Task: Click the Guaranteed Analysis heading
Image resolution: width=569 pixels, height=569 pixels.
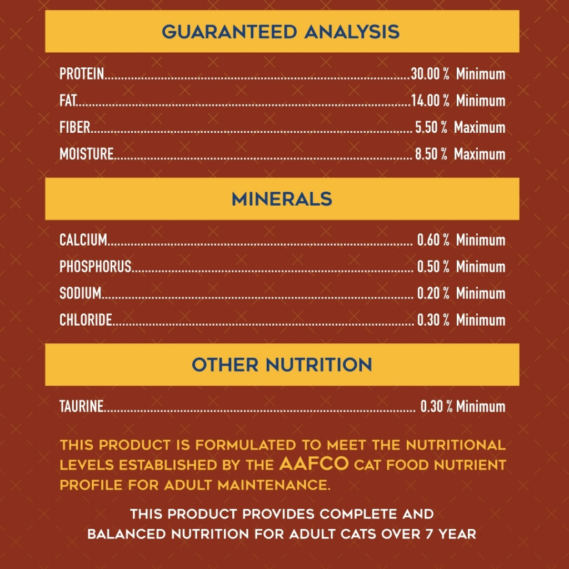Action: (x=281, y=32)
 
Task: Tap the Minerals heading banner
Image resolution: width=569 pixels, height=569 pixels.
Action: (x=282, y=199)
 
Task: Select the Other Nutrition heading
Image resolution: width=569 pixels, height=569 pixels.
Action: (x=282, y=365)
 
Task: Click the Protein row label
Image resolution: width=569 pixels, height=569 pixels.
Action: (x=82, y=74)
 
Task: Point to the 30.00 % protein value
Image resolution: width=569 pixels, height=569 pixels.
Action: (x=430, y=74)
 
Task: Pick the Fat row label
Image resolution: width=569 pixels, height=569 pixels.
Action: (x=68, y=101)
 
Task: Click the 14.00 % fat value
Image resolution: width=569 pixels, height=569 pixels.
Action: (x=430, y=101)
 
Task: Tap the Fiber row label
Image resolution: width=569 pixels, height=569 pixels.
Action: (x=74, y=127)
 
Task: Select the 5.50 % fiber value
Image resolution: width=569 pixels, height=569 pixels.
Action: (x=431, y=127)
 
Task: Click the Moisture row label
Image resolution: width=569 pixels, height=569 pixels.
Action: (x=87, y=154)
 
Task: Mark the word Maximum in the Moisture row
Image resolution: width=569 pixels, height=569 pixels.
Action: (x=480, y=154)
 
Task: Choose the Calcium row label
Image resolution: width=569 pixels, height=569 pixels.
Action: (x=83, y=240)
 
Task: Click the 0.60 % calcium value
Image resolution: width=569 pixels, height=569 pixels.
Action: (x=433, y=240)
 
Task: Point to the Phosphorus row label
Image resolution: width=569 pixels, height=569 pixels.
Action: (x=96, y=267)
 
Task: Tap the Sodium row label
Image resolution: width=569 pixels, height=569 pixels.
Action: (x=81, y=293)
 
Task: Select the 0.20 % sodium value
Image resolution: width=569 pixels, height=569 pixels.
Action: (x=433, y=293)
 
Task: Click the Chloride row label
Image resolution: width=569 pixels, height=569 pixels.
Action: (x=86, y=320)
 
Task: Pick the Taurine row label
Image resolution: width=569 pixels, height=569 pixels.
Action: (x=82, y=406)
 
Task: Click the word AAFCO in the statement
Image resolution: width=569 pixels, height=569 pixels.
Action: (x=314, y=464)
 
